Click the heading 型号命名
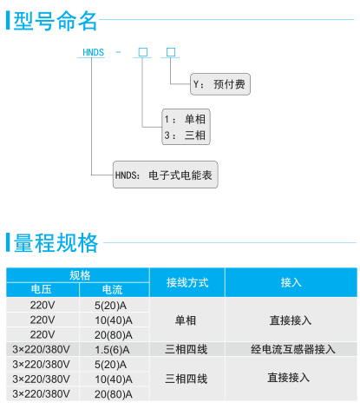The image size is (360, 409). [x=56, y=21]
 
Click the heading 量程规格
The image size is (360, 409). [x=56, y=242]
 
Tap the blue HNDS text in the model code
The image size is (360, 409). [x=93, y=52]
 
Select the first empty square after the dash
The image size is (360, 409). [x=143, y=52]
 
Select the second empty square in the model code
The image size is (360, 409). [x=171, y=52]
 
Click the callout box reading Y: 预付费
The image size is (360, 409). [x=220, y=84]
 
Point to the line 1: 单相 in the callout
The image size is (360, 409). [x=185, y=119]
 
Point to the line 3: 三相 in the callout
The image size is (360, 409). [x=185, y=135]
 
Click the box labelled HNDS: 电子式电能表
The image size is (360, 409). [x=166, y=175]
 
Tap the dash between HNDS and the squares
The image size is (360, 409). [x=118, y=52]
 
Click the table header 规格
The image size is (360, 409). [x=80, y=275]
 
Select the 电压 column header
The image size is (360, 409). [x=42, y=289]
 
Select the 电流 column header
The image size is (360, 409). [x=113, y=289]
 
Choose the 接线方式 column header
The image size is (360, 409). [x=187, y=282]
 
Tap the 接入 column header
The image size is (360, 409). [x=291, y=282]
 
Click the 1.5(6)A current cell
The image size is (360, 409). [x=112, y=350]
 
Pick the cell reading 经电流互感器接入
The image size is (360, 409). [x=293, y=349]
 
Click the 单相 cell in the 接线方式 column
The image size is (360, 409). [x=186, y=320]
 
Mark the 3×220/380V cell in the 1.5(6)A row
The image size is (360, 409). [x=41, y=349]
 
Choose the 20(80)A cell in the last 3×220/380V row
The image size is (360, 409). [x=114, y=394]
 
